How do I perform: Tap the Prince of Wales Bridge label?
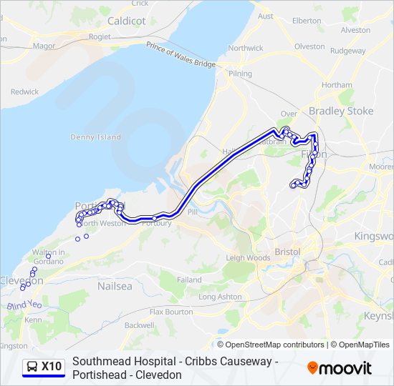coord(181,55)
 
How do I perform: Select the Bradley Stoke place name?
coord(341,111)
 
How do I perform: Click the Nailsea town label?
coord(115,286)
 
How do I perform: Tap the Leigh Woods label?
coord(248,257)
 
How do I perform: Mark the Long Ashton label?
coord(220,296)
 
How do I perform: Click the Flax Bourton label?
coord(171,312)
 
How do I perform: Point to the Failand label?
coord(189,280)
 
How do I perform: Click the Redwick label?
coord(25,91)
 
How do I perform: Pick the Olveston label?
coord(309,46)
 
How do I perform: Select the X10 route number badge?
coord(52,367)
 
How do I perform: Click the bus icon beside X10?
coord(32,367)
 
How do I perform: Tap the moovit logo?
coord(340,368)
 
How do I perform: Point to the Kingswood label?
coord(374,236)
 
